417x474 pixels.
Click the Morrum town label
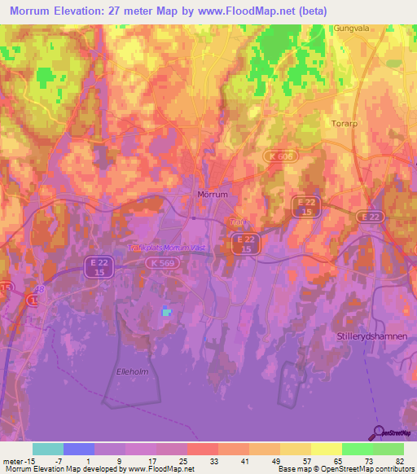point(213,195)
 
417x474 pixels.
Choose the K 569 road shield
point(163,264)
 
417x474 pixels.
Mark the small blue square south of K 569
point(167,311)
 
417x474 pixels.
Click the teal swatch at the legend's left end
point(48,449)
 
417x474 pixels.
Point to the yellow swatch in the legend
point(327,449)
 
